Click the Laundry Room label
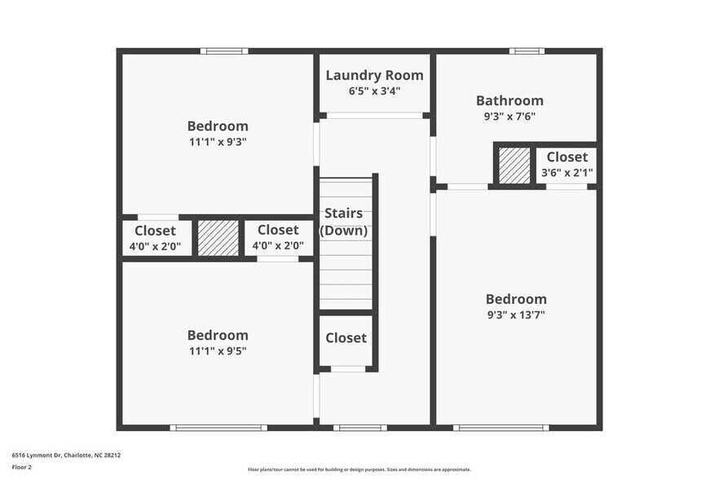(x=374, y=76)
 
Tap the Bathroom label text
(x=509, y=101)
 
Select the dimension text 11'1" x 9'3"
(x=218, y=141)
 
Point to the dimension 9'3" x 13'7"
(x=516, y=314)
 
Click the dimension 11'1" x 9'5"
(x=218, y=350)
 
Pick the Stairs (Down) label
(x=343, y=222)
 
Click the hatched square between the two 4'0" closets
(x=218, y=238)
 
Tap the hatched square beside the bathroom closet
(x=514, y=165)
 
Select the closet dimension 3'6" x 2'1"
(x=567, y=173)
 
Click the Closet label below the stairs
(x=346, y=338)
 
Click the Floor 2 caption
(x=21, y=468)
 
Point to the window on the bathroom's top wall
(x=527, y=51)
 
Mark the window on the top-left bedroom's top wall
(x=224, y=51)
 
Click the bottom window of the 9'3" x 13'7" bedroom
(x=501, y=427)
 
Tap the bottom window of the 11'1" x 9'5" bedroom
(x=218, y=427)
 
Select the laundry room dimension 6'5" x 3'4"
(x=374, y=91)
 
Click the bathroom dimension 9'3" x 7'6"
(x=509, y=116)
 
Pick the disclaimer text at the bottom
(x=359, y=469)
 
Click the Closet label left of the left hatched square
(x=155, y=231)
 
